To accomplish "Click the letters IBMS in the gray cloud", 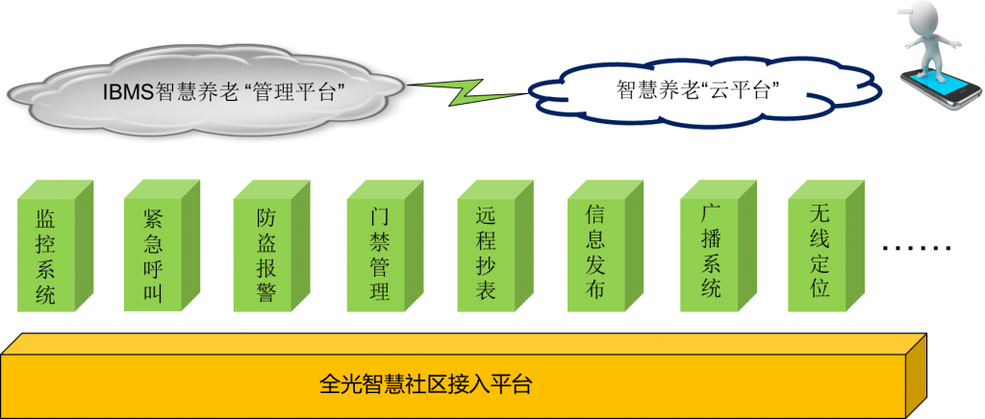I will [x=127, y=92].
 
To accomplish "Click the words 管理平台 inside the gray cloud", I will [x=303, y=92].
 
